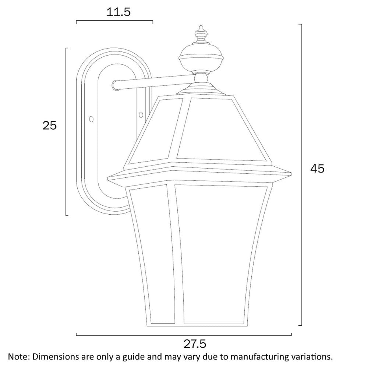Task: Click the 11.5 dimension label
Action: coord(118,13)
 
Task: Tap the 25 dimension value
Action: coord(50,126)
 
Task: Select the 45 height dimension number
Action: coord(317,169)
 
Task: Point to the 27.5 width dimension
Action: coord(195,344)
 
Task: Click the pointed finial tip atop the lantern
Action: coord(201,28)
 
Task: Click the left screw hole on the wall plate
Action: coord(91,119)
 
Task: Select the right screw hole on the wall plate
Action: coord(141,115)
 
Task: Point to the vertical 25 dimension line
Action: coord(66,131)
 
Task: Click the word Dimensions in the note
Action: coord(54,357)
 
